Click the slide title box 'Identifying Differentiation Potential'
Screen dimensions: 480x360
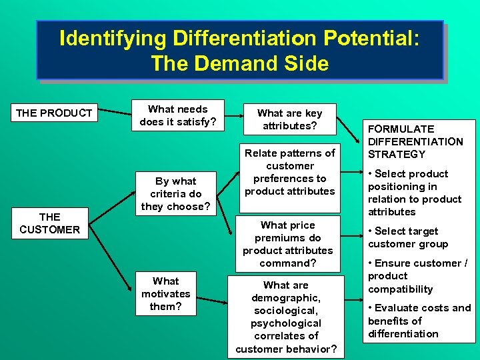pyautogui.click(x=239, y=50)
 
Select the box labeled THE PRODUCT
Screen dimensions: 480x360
pyautogui.click(x=54, y=113)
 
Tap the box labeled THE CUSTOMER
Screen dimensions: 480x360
pyautogui.click(x=49, y=223)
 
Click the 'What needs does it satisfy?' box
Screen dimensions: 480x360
pyautogui.click(x=178, y=115)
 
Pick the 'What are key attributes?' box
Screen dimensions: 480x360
pyautogui.click(x=289, y=119)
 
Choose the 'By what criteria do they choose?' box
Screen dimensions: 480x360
pyautogui.click(x=176, y=194)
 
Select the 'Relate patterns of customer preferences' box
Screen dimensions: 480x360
pyautogui.click(x=289, y=172)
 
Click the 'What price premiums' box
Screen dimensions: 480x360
pyautogui.click(x=287, y=244)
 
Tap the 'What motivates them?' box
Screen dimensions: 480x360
pyautogui.click(x=165, y=294)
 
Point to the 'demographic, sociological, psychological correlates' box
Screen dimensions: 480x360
pyautogui.click(x=287, y=317)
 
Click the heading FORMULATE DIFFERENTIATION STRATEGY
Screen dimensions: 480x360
pyautogui.click(x=415, y=141)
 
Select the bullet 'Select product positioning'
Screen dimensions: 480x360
pyautogui.click(x=414, y=193)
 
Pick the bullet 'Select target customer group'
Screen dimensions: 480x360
pyautogui.click(x=407, y=237)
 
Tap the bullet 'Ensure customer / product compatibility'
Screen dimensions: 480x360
pyautogui.click(x=417, y=276)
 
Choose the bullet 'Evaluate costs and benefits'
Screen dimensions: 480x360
pyautogui.click(x=419, y=321)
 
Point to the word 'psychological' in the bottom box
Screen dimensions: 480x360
pyautogui.click(x=286, y=323)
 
